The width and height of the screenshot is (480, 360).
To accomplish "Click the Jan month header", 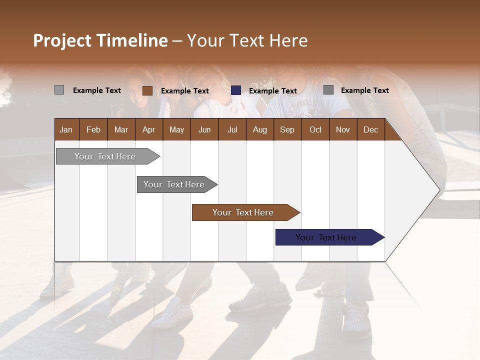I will (x=66, y=129).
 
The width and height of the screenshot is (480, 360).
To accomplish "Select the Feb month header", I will (x=93, y=129).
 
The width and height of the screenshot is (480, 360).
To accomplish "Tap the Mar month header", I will (x=121, y=129).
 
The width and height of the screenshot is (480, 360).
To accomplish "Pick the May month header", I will (x=176, y=129).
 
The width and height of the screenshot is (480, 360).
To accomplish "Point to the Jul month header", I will (x=232, y=129).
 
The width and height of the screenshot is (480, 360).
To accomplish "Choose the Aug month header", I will (x=259, y=129).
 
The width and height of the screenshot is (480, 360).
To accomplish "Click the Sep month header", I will (x=287, y=129).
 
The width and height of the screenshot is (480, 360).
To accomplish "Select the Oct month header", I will (x=315, y=129).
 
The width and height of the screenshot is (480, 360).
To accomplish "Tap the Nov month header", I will (x=343, y=129).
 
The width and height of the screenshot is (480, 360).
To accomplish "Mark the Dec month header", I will (x=370, y=129).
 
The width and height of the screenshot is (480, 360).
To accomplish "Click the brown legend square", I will (x=147, y=90).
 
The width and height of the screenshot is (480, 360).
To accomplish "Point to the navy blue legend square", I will (x=236, y=90).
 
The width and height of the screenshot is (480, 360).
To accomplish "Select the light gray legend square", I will (x=59, y=90).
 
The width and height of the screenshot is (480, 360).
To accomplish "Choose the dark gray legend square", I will (x=328, y=90).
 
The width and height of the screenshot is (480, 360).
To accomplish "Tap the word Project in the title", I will (x=63, y=40).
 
